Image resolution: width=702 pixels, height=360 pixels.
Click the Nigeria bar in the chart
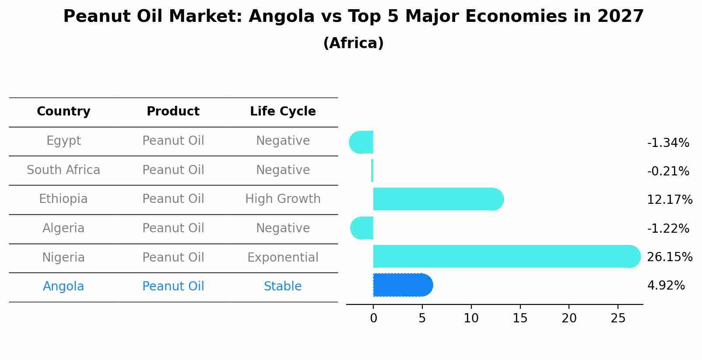(503, 256)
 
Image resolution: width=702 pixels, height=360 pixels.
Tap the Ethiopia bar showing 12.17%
(438, 199)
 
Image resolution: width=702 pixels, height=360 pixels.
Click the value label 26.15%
(669, 257)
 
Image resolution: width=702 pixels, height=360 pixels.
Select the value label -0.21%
(668, 171)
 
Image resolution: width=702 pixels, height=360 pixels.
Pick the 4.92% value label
(666, 286)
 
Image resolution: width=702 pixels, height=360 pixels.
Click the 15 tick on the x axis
(520, 318)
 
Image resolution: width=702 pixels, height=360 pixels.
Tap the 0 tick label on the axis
(373, 318)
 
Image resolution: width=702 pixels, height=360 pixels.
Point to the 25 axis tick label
(618, 318)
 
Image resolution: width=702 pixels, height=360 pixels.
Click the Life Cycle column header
(283, 112)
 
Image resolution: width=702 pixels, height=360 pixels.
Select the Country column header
(63, 112)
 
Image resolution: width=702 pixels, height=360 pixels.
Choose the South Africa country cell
(63, 170)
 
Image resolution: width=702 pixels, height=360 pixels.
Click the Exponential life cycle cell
(283, 257)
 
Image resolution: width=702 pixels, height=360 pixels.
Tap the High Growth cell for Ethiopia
(283, 199)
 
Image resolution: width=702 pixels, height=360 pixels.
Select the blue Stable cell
(283, 287)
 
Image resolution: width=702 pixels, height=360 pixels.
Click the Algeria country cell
(63, 228)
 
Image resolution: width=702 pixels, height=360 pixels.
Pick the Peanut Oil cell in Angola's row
(173, 287)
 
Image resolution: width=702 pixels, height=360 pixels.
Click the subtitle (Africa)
(353, 43)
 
